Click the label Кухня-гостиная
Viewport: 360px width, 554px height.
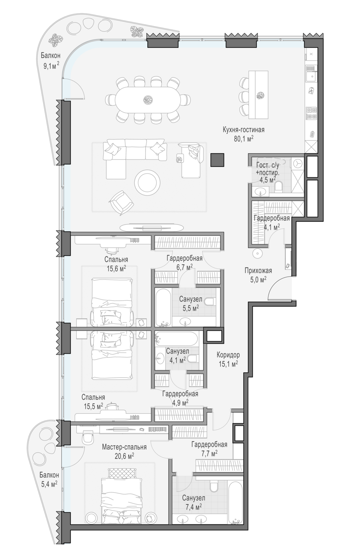pyautogui.click(x=243, y=130)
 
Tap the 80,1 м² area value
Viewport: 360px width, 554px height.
pyautogui.click(x=244, y=139)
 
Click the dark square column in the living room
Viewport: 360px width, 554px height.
pyautogui.click(x=217, y=160)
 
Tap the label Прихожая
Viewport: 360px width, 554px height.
pyautogui.click(x=258, y=271)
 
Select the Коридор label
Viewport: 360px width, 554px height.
pyautogui.click(x=228, y=355)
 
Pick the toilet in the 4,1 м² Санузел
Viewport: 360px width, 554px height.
pyautogui.click(x=192, y=358)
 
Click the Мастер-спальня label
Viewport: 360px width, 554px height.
pyautogui.click(x=124, y=447)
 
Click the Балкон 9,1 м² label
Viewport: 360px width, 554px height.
pyautogui.click(x=51, y=61)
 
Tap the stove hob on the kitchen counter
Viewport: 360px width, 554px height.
pyautogui.click(x=311, y=113)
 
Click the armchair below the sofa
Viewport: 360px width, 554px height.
pyautogui.click(x=121, y=203)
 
